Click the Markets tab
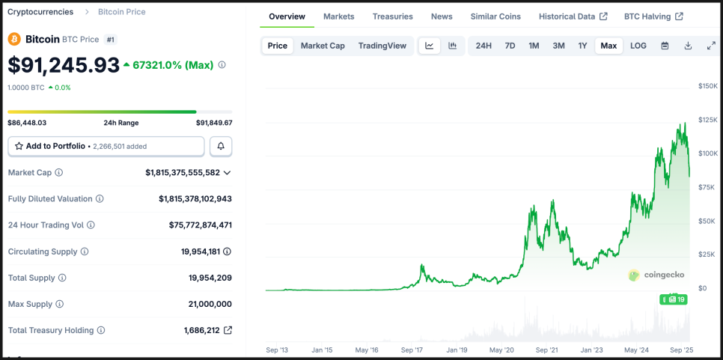[x=339, y=16]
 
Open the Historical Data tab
[x=573, y=16]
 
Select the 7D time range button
[x=510, y=46]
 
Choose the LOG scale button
[x=638, y=46]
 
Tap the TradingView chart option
[x=382, y=46]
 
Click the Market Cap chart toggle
[x=323, y=46]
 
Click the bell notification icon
[x=221, y=146]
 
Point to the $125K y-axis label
[x=707, y=120]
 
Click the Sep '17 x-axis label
[x=412, y=350]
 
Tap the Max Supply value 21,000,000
[x=210, y=304]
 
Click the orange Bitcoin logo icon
[x=14, y=39]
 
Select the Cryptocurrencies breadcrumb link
[x=40, y=12]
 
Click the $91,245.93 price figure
[x=64, y=65]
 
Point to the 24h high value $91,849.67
[x=214, y=123]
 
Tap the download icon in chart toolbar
[x=688, y=46]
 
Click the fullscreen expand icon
[x=711, y=46]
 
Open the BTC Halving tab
[x=653, y=16]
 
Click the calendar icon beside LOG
[x=665, y=46]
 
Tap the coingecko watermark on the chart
[x=656, y=275]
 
